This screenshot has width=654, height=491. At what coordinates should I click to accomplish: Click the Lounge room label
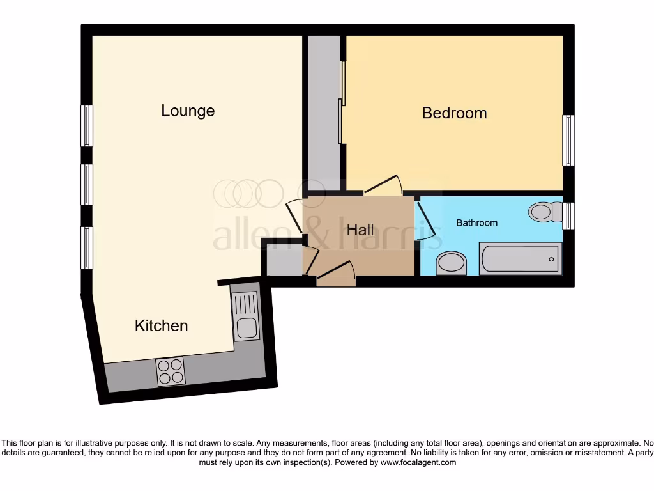click(x=188, y=111)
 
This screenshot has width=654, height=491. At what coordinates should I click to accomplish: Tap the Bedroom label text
click(x=454, y=113)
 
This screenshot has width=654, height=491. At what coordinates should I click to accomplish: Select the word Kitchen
click(x=161, y=325)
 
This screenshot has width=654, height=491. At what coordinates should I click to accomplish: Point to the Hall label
click(x=360, y=229)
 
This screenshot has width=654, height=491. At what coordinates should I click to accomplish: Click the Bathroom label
click(x=476, y=223)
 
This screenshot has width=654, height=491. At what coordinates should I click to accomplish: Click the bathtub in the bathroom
click(x=520, y=259)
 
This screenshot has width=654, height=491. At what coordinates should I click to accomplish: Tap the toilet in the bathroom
click(x=544, y=211)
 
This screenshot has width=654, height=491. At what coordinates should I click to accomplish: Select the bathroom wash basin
click(x=451, y=263)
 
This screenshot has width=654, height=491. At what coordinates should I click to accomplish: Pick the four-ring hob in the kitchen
click(x=171, y=371)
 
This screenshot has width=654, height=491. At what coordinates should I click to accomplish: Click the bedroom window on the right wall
click(x=568, y=141)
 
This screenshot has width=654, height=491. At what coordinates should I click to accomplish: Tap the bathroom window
click(x=568, y=215)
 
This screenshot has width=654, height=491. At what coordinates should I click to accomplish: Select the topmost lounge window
click(x=87, y=125)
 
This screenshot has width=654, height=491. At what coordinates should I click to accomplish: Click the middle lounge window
click(x=87, y=184)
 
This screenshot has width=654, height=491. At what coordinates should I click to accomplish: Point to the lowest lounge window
click(x=87, y=247)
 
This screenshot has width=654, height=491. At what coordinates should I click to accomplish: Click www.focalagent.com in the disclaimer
click(x=418, y=462)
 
